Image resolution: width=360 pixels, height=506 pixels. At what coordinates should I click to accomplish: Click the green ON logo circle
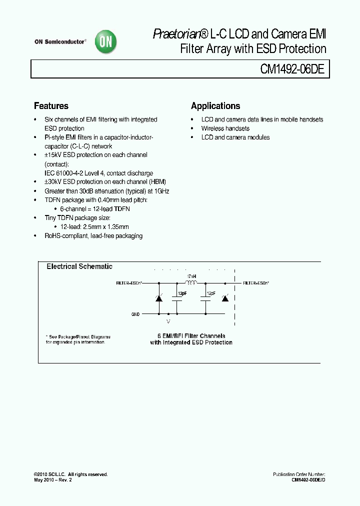106,43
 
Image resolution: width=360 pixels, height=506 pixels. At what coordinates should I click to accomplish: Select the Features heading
51,106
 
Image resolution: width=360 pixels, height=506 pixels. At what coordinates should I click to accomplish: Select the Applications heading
215,106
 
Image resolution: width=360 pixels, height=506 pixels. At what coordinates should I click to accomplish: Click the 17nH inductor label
190,276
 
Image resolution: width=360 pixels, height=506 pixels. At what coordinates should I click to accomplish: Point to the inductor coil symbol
191,282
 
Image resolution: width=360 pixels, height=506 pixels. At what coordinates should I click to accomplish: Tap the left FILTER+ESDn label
129,283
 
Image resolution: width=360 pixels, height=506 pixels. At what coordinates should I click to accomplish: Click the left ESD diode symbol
159,298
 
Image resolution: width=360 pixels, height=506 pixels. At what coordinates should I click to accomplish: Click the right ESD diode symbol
225,298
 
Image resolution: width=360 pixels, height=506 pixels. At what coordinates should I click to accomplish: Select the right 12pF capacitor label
210,293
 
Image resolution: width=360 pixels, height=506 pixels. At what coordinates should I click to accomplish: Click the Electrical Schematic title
79,267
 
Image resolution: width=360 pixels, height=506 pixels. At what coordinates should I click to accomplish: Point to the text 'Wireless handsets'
225,128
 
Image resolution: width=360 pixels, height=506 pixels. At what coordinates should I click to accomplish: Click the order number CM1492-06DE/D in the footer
308,479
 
